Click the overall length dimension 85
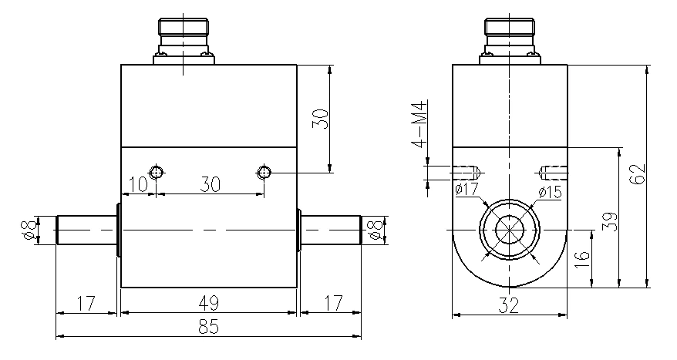[208, 326]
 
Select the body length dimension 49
[208, 301]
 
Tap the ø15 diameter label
[549, 192]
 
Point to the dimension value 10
[137, 185]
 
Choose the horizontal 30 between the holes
[209, 185]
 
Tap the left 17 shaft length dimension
[86, 301]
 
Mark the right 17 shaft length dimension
[331, 301]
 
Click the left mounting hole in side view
[157, 171]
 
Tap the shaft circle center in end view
[509, 231]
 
